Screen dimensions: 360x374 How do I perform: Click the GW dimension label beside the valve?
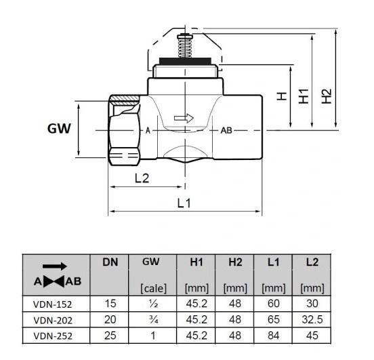coord(59,128)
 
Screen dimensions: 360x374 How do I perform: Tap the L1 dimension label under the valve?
coord(184,203)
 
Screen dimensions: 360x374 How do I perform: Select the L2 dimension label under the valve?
coord(141,178)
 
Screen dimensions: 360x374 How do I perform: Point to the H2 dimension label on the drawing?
coord(327,96)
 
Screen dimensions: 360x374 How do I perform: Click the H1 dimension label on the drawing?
coord(304,96)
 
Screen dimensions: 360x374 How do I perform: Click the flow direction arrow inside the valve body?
coord(184,118)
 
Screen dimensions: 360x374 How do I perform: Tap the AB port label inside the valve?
coord(226,129)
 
